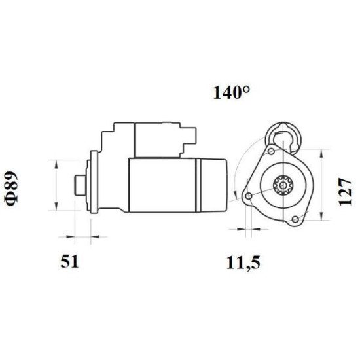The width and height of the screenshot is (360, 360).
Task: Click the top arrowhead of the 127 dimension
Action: point(321,153)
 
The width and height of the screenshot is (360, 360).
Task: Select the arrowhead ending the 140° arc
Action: point(236,191)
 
